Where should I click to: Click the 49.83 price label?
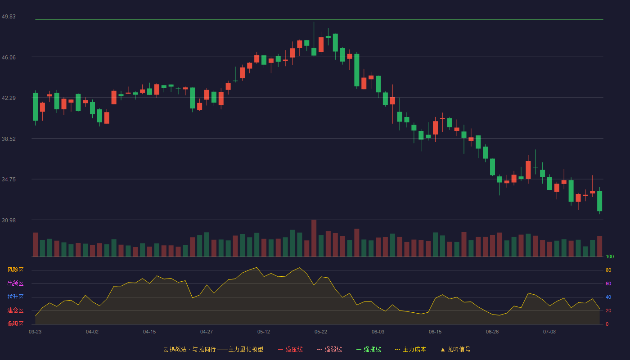9,17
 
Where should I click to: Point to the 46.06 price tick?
9,58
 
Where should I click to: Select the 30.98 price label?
9,220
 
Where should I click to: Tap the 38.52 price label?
9,139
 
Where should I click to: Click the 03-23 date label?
35,332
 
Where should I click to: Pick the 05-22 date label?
321,332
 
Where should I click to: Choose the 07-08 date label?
549,332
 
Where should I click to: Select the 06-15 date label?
435,332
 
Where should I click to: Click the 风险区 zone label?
15,270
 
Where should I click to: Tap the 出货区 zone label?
15,283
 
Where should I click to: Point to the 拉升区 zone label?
15,297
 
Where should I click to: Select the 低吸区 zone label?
15,324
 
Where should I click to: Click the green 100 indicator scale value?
610,256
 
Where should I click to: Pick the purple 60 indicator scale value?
608,283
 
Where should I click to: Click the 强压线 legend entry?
290,349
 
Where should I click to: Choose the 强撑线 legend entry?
369,349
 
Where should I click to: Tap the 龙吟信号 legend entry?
455,349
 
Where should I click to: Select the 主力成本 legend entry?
410,349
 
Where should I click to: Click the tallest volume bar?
314,238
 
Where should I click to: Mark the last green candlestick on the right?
599,201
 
